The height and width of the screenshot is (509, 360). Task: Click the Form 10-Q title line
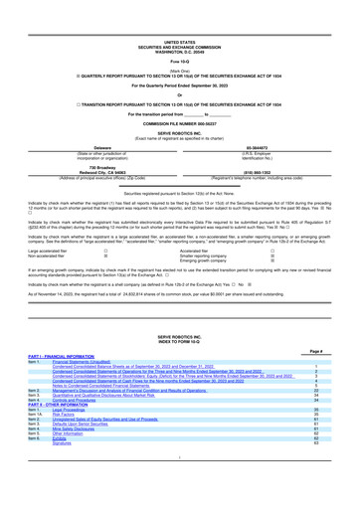[180, 37]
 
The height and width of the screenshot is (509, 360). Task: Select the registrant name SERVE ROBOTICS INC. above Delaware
[180, 102]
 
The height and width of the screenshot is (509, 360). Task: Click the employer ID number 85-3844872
[266, 115]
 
